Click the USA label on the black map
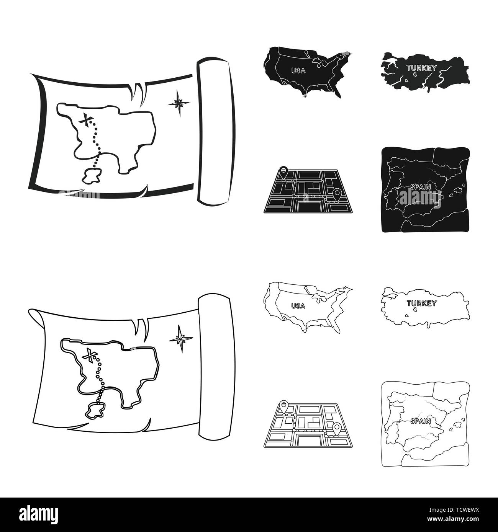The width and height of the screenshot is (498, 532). pyautogui.click(x=298, y=70)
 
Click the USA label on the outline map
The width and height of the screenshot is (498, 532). pyautogui.click(x=298, y=305)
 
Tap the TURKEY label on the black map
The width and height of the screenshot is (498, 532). pyautogui.click(x=421, y=69)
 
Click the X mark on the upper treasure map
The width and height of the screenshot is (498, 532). pyautogui.click(x=87, y=121)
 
